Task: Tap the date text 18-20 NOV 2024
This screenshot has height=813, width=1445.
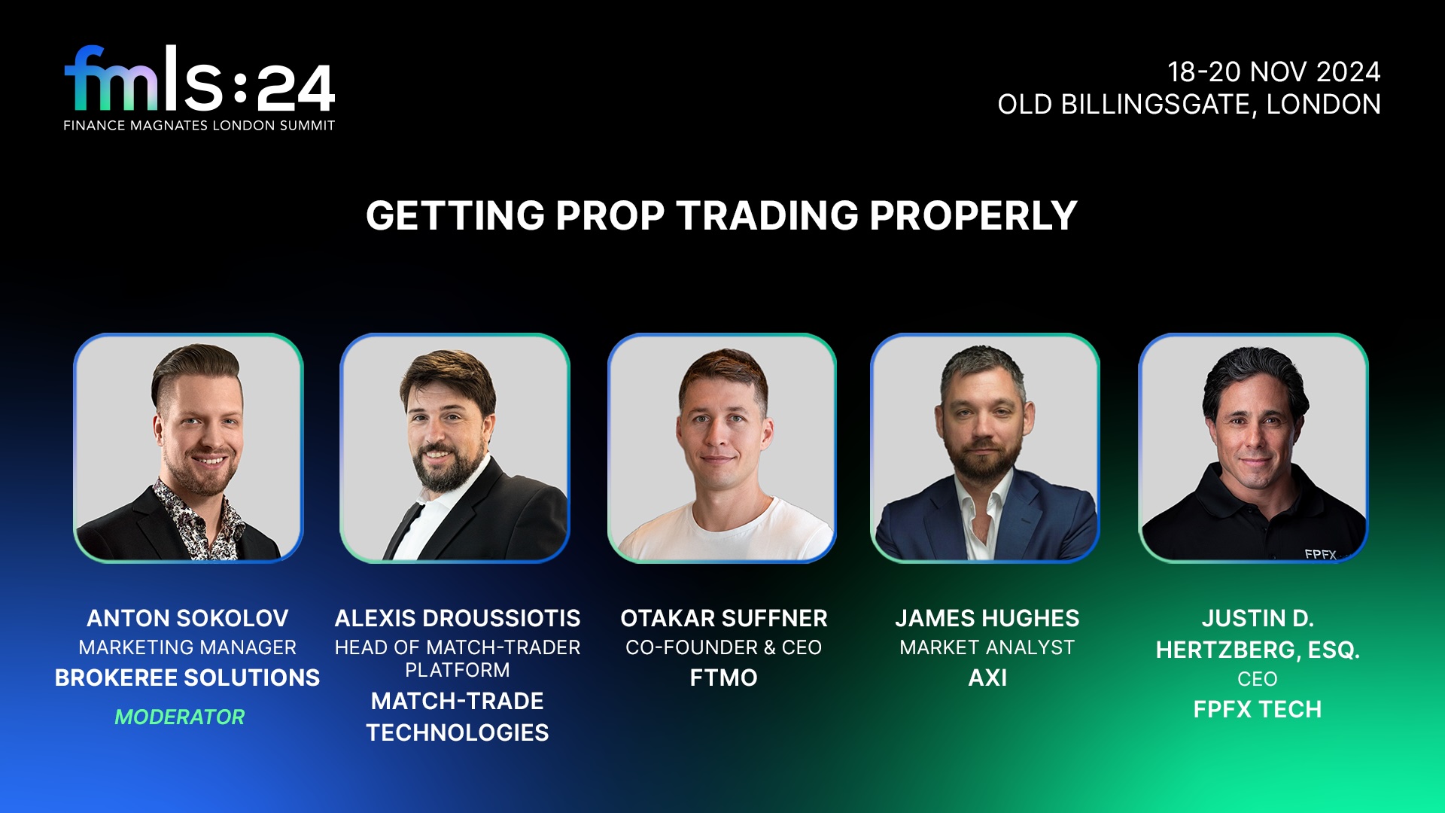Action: pos(1274,72)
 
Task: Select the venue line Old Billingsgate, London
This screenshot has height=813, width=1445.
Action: pos(1189,105)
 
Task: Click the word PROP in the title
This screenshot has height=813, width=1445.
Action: pos(610,216)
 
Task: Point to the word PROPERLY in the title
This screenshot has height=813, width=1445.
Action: pos(974,216)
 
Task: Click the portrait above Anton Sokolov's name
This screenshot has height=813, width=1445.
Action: pos(188,448)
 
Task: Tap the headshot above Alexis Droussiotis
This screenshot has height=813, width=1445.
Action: pos(455,448)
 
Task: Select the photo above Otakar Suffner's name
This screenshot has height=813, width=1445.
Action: pos(722,448)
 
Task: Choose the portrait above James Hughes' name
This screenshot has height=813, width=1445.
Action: pos(985,448)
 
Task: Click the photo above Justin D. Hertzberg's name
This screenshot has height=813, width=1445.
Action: pos(1253,448)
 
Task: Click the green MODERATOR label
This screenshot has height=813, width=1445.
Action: pos(180,717)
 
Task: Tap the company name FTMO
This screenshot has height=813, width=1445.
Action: pos(724,678)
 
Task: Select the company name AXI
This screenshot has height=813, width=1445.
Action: pos(987,678)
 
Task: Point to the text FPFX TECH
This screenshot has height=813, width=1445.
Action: pos(1258,710)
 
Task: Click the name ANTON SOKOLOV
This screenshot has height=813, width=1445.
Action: pos(187,619)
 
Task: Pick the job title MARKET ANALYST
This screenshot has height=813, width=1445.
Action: pos(987,648)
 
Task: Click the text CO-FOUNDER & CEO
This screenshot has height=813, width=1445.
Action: pos(724,648)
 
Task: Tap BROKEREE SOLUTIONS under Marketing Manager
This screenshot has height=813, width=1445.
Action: pos(187,678)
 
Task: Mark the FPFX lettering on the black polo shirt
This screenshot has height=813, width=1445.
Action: pos(1320,555)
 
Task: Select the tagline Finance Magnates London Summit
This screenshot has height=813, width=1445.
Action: pos(199,126)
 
